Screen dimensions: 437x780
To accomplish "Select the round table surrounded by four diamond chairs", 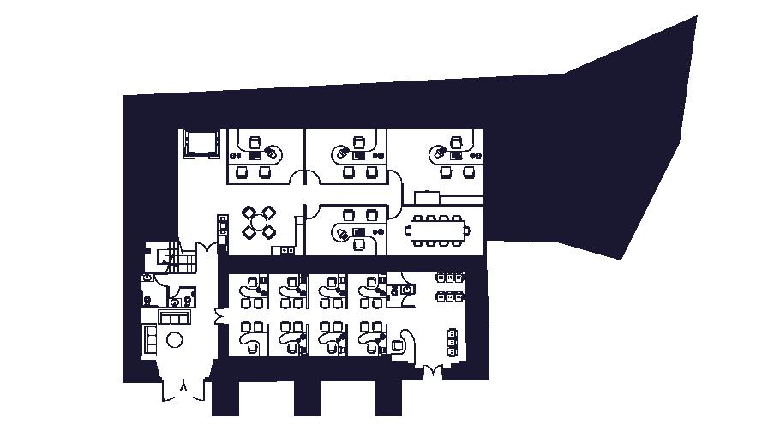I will [259, 221].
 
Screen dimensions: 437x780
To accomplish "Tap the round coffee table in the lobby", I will [175, 340].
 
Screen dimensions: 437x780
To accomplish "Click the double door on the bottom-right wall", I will [433, 371].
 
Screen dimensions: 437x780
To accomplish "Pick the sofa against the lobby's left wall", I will [150, 340].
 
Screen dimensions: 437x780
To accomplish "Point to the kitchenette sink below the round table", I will [283, 250].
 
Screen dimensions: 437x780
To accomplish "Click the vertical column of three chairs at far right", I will [452, 341].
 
